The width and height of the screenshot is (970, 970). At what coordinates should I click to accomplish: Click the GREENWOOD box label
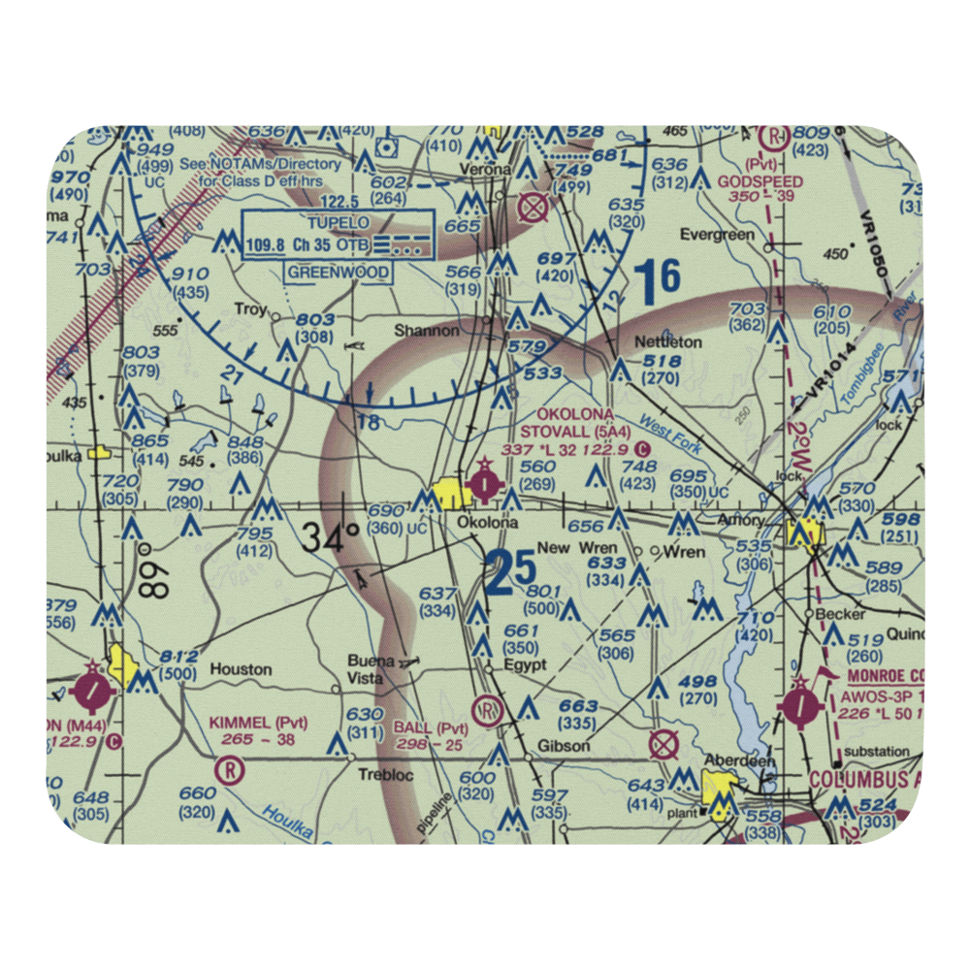coord(339,273)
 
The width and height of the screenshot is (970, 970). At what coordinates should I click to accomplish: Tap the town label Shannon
coord(426,331)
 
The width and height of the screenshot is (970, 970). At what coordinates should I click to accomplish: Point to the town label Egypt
coord(525,665)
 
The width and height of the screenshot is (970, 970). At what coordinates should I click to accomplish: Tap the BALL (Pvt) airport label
coord(431,728)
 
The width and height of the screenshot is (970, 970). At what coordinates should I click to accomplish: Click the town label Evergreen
coord(717,235)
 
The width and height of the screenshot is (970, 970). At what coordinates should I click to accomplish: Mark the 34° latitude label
coord(329,536)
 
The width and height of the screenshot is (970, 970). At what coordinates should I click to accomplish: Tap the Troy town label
coord(250,310)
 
